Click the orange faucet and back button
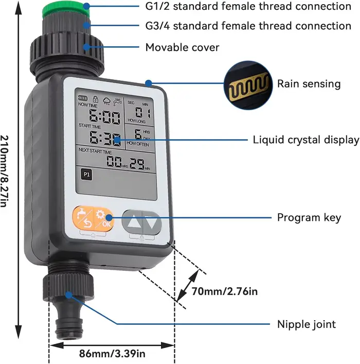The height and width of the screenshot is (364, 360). point(83,218)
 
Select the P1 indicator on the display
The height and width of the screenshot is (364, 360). point(86,175)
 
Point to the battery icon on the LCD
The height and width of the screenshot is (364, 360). point(83,98)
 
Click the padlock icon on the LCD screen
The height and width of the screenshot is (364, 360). point(95,99)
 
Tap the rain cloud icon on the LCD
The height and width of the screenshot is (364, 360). point(106,101)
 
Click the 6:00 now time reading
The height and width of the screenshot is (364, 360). point(104,117)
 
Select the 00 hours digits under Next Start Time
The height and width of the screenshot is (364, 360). point(114,161)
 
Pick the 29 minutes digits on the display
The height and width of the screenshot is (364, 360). point(137,163)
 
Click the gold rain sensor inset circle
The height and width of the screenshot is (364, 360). point(248,85)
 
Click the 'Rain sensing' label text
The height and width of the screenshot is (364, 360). point(309,84)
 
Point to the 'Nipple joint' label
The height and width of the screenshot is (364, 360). point(307,324)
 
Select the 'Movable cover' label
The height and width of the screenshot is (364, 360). point(182,47)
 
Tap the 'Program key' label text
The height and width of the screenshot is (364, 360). point(309,218)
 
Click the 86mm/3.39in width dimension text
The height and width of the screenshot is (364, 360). point(112,354)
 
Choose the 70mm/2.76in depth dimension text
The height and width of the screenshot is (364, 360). point(225,291)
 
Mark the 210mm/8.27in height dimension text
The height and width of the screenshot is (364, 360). point(5,171)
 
